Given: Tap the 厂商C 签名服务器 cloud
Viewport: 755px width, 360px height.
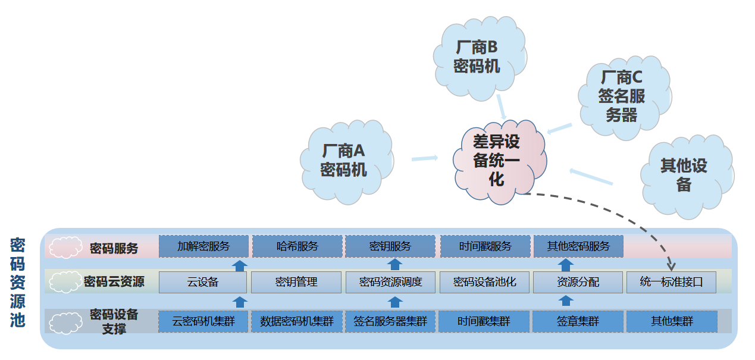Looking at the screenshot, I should [622, 96].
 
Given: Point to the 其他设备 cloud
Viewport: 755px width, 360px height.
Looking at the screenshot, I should [684, 175].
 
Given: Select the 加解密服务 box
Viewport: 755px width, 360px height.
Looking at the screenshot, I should [203, 246].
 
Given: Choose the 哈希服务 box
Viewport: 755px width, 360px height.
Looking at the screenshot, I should [297, 246].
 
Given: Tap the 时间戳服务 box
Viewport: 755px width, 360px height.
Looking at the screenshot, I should [485, 246].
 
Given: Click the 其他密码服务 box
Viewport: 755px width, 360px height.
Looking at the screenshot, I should [578, 246].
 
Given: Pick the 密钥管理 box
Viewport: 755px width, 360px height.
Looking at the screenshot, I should [296, 283].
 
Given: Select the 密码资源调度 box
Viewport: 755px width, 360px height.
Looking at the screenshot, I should [390, 283].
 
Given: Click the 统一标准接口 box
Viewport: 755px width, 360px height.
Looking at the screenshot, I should [671, 283].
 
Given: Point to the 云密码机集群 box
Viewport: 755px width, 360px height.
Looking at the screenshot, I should [203, 322].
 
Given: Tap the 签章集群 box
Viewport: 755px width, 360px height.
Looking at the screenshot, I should [578, 322].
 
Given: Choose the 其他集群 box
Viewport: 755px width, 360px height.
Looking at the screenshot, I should [672, 322].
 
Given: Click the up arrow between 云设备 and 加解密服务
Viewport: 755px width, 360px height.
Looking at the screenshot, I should [239, 265].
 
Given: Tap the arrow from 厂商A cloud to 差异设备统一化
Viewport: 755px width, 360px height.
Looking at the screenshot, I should [424, 158].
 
